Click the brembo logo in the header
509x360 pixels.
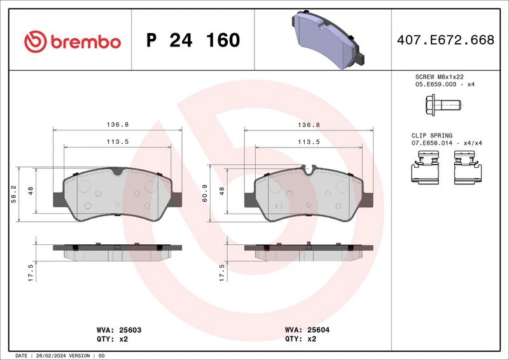pos(73,41)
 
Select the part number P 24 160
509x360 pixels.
pos(193,40)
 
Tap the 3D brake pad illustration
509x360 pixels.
pos(328,39)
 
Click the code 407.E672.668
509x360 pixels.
pos(445,39)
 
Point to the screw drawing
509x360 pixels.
pos(443,105)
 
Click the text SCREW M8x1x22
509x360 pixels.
pos(439,77)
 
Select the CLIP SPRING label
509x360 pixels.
pos(432,135)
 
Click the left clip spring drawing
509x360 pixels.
pos(425,167)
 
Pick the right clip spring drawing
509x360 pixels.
pos(468,167)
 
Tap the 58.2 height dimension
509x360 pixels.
pos(13,195)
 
